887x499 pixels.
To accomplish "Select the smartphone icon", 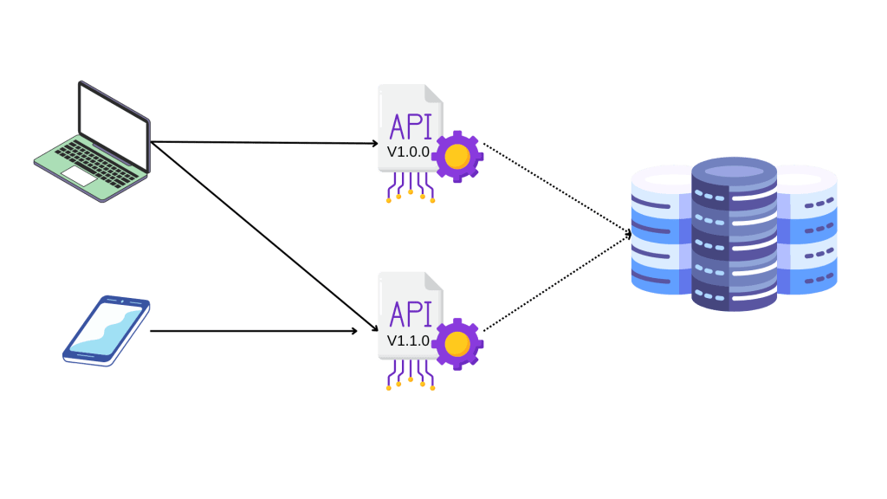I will coord(107,328).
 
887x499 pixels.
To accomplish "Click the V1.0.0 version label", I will coord(407,152).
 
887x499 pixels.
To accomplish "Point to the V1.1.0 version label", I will coord(407,340).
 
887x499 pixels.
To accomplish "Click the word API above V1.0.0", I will coord(410,126).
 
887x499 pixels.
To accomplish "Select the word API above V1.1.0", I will coord(410,314).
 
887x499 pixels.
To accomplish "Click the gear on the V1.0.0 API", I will coord(456,157).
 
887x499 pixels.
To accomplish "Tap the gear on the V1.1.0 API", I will coord(456,345).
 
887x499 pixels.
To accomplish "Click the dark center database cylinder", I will coord(735,234).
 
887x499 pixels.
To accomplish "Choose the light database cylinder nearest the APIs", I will coord(660,230).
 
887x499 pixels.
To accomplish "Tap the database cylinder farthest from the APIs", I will coord(811,230).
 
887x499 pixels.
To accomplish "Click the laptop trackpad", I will coord(77,175).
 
